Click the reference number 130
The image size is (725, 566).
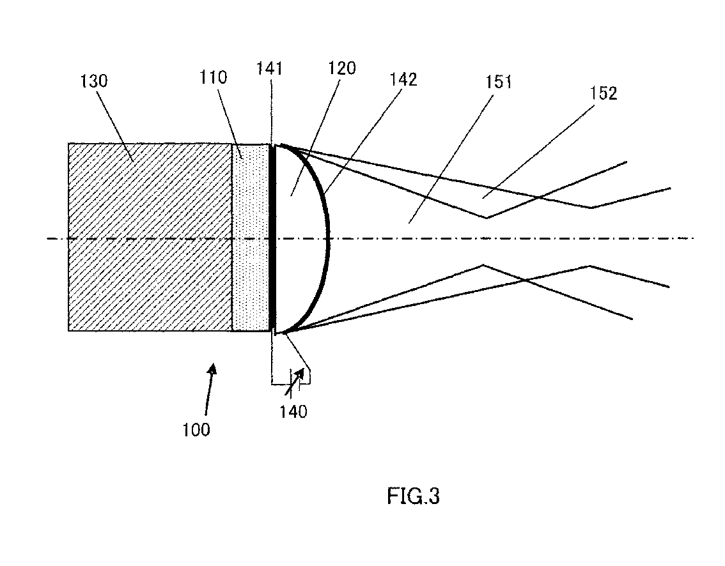point(95,81)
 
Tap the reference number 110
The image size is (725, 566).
point(214,77)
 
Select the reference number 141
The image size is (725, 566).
point(270,68)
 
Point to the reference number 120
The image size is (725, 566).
point(343,68)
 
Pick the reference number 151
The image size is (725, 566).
point(499,82)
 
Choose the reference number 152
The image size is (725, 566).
point(604,93)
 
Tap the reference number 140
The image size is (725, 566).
point(293,411)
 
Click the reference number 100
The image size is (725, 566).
point(196,429)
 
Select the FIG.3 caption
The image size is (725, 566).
point(413,496)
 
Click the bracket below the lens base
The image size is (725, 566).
point(291,383)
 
